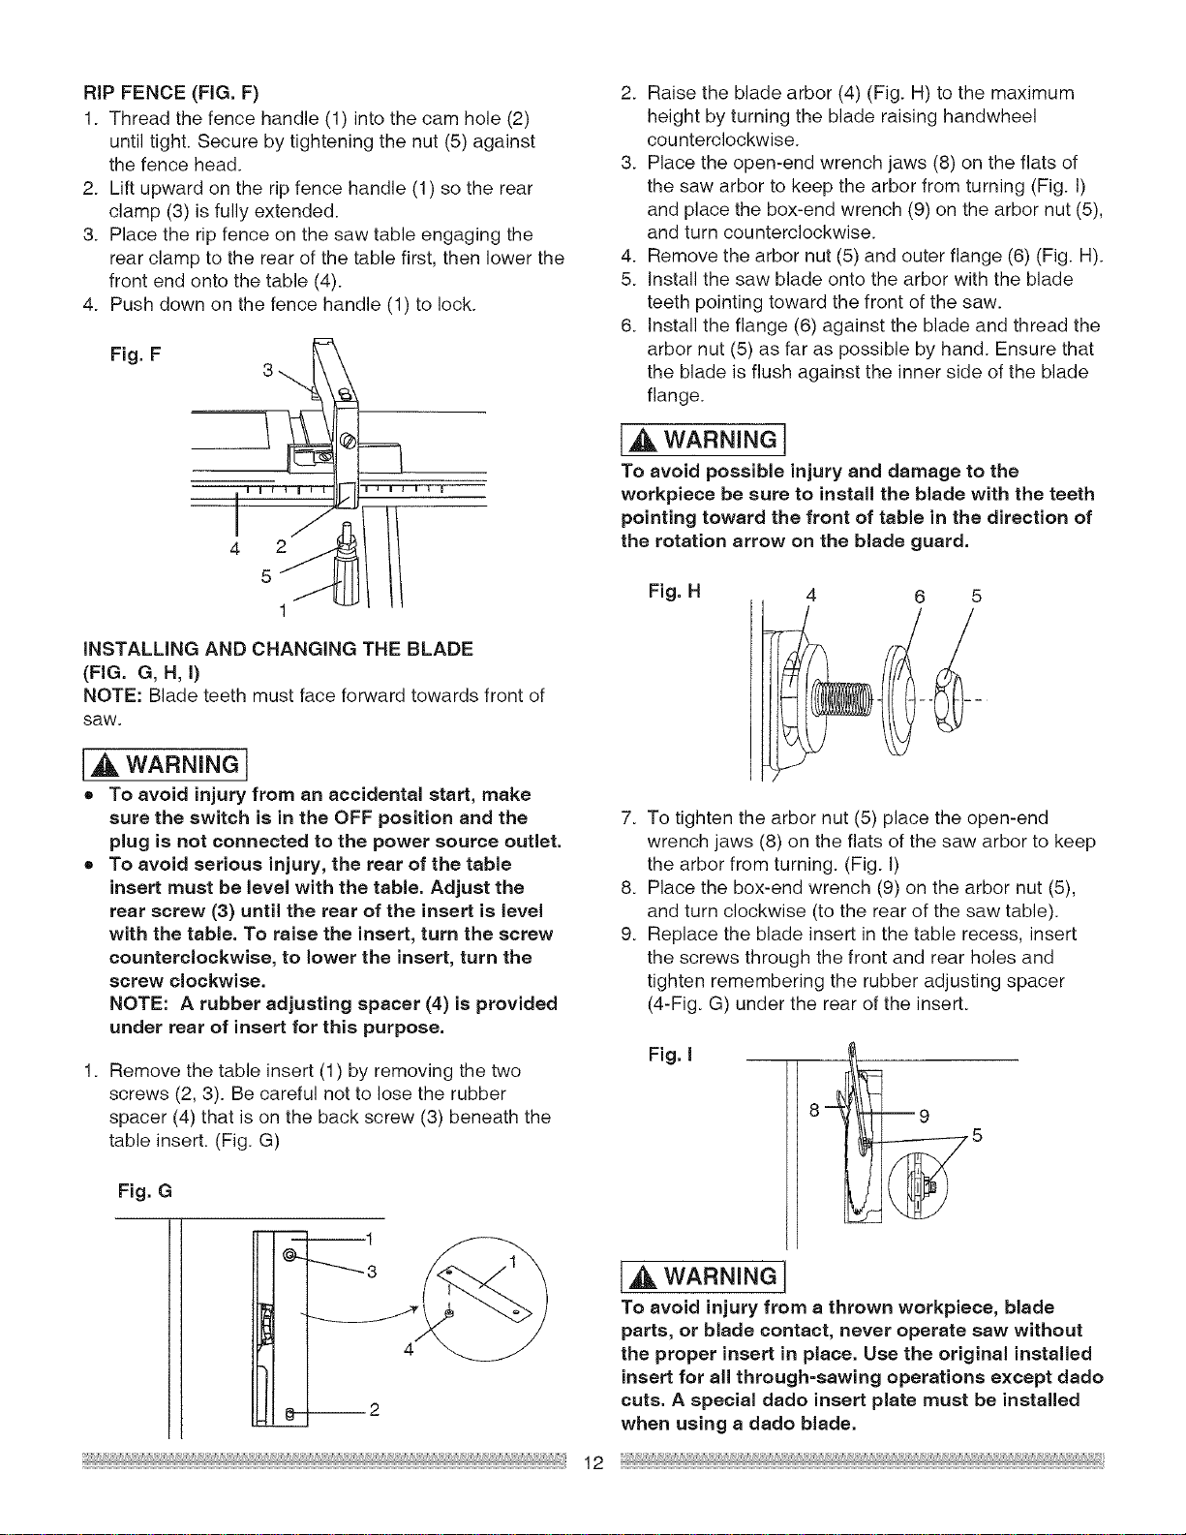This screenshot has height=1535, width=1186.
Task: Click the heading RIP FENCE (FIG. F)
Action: pos(171,93)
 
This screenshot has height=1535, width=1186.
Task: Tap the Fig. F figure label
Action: pos(136,353)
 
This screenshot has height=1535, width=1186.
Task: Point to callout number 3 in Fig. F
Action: pos(268,369)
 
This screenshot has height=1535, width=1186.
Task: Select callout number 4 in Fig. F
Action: pos(235,548)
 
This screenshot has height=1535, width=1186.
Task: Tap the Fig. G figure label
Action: pos(144,1192)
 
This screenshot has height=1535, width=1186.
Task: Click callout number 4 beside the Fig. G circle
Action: pos(408,1349)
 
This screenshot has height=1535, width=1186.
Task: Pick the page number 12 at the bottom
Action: pos(593,1462)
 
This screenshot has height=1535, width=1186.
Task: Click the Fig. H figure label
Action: pos(675,591)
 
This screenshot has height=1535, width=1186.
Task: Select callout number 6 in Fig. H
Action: pos(919,597)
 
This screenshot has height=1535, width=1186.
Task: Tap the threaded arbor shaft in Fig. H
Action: pos(843,699)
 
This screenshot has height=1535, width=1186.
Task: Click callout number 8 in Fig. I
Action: pos(814,1110)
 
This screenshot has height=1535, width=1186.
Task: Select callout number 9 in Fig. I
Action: pos(924,1116)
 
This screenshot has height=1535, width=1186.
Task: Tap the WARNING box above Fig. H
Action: pos(703,440)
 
